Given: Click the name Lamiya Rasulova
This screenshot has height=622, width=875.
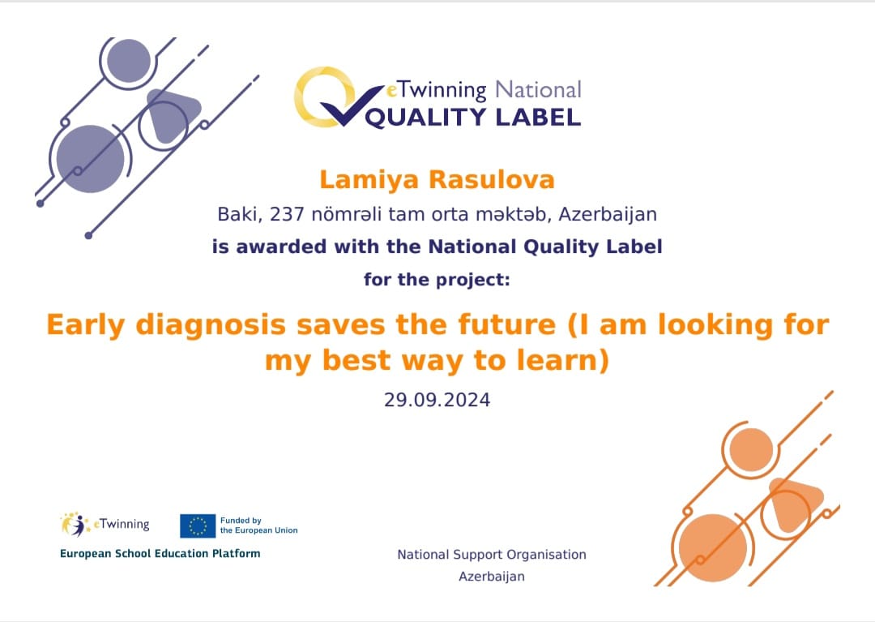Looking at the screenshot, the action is pos(437,180).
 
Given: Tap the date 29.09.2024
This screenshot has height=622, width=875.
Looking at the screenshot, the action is pos(437,400).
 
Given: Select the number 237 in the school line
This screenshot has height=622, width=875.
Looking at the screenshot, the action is pos(287,214).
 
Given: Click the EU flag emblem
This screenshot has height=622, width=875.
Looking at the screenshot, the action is pos(198,526).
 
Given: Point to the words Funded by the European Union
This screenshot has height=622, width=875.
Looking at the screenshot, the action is pos(259,525).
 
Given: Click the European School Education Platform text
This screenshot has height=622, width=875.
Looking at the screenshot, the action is pos(160,553).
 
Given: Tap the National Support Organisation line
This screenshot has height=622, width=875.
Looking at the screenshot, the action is pos(492,555).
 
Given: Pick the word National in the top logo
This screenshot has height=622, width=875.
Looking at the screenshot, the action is pos(538,89).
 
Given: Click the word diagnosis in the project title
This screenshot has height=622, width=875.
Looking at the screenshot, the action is pos(211,325).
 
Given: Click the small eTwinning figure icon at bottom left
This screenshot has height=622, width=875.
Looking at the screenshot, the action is pos(75,525).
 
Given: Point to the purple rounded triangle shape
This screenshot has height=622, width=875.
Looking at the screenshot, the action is pos(170,114).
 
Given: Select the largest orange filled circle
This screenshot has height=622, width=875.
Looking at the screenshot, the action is pos(713,547).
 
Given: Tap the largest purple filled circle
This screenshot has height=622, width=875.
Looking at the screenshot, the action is pos(91,159).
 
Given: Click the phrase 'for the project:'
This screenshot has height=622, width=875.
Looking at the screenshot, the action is pos(437,279).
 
